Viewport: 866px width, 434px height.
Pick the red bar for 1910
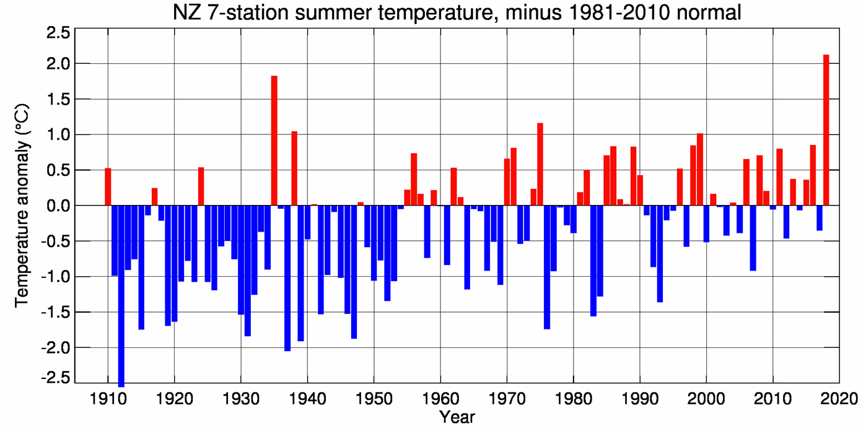(x=108, y=187)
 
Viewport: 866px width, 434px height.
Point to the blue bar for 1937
(x=287, y=278)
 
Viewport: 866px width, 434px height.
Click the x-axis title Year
(x=457, y=417)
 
